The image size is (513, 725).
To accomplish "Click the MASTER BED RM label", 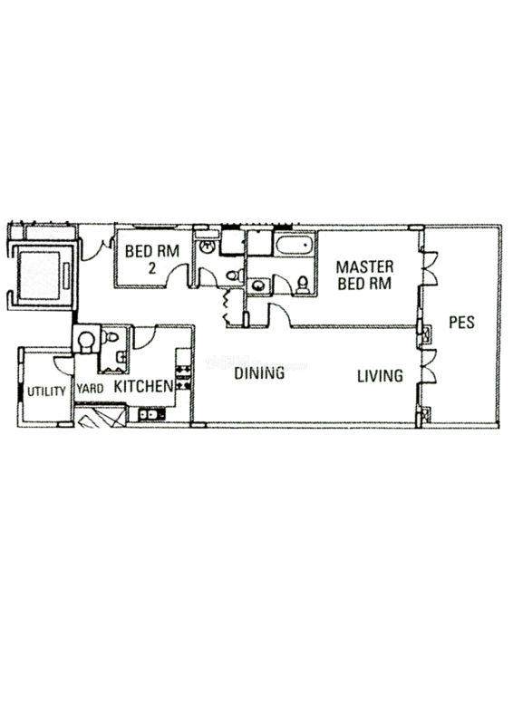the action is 364,275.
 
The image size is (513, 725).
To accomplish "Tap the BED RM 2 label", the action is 151,259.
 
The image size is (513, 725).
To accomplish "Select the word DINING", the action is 259,373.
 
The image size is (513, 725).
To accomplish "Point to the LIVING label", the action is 380,375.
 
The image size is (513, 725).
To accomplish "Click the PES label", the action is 461,323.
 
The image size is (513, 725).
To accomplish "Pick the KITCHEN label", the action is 143,387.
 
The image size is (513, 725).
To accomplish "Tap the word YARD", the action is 91,389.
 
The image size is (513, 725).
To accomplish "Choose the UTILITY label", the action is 46,391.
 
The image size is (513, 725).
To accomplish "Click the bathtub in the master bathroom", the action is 294,243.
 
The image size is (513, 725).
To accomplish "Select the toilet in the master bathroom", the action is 303,285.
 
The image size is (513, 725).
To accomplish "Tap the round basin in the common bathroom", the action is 208,246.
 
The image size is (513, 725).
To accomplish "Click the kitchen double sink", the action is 151,414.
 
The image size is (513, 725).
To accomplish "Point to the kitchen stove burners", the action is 184,376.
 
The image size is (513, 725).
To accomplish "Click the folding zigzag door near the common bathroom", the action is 227,305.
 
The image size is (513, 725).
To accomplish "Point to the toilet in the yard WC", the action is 111,336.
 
